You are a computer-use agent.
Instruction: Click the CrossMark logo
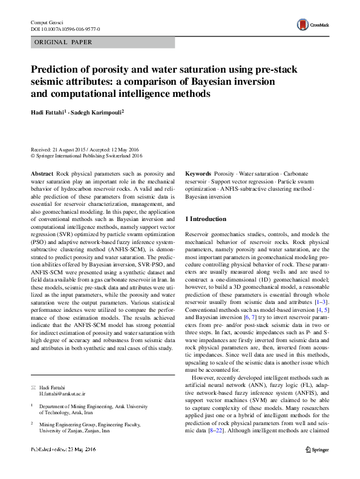311,24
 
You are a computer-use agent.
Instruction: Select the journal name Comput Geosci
48,22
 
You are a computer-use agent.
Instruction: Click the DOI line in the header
65,29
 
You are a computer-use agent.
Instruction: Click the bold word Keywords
198,173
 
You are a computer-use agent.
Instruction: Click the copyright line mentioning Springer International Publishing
86,156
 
